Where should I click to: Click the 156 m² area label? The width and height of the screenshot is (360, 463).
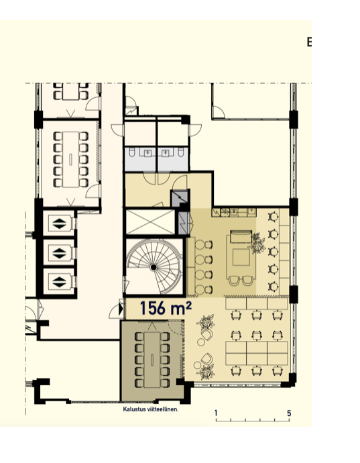(166, 308)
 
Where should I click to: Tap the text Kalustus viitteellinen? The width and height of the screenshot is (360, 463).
(150, 409)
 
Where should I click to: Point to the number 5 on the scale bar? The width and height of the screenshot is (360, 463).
(289, 413)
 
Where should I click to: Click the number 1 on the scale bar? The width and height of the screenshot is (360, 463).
(216, 413)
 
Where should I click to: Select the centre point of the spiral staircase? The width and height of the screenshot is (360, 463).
(153, 267)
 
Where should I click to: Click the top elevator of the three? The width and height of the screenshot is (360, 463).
(59, 223)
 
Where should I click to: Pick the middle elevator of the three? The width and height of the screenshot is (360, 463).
(59, 253)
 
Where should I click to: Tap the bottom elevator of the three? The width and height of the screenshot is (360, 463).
(59, 281)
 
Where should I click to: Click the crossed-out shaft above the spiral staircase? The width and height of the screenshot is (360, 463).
(150, 222)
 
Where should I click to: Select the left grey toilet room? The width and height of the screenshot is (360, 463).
(141, 160)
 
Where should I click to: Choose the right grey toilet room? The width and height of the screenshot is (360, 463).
(172, 160)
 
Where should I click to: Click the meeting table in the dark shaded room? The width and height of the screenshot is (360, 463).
(152, 360)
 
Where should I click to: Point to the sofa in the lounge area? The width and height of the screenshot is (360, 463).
(241, 237)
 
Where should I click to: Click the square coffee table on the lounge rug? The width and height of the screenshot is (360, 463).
(241, 257)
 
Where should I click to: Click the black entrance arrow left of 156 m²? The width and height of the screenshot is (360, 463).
(121, 309)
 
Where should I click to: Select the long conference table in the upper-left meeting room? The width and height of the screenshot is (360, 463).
(71, 160)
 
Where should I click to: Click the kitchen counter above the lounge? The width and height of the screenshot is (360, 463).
(234, 212)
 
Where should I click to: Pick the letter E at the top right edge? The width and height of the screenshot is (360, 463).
(309, 42)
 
